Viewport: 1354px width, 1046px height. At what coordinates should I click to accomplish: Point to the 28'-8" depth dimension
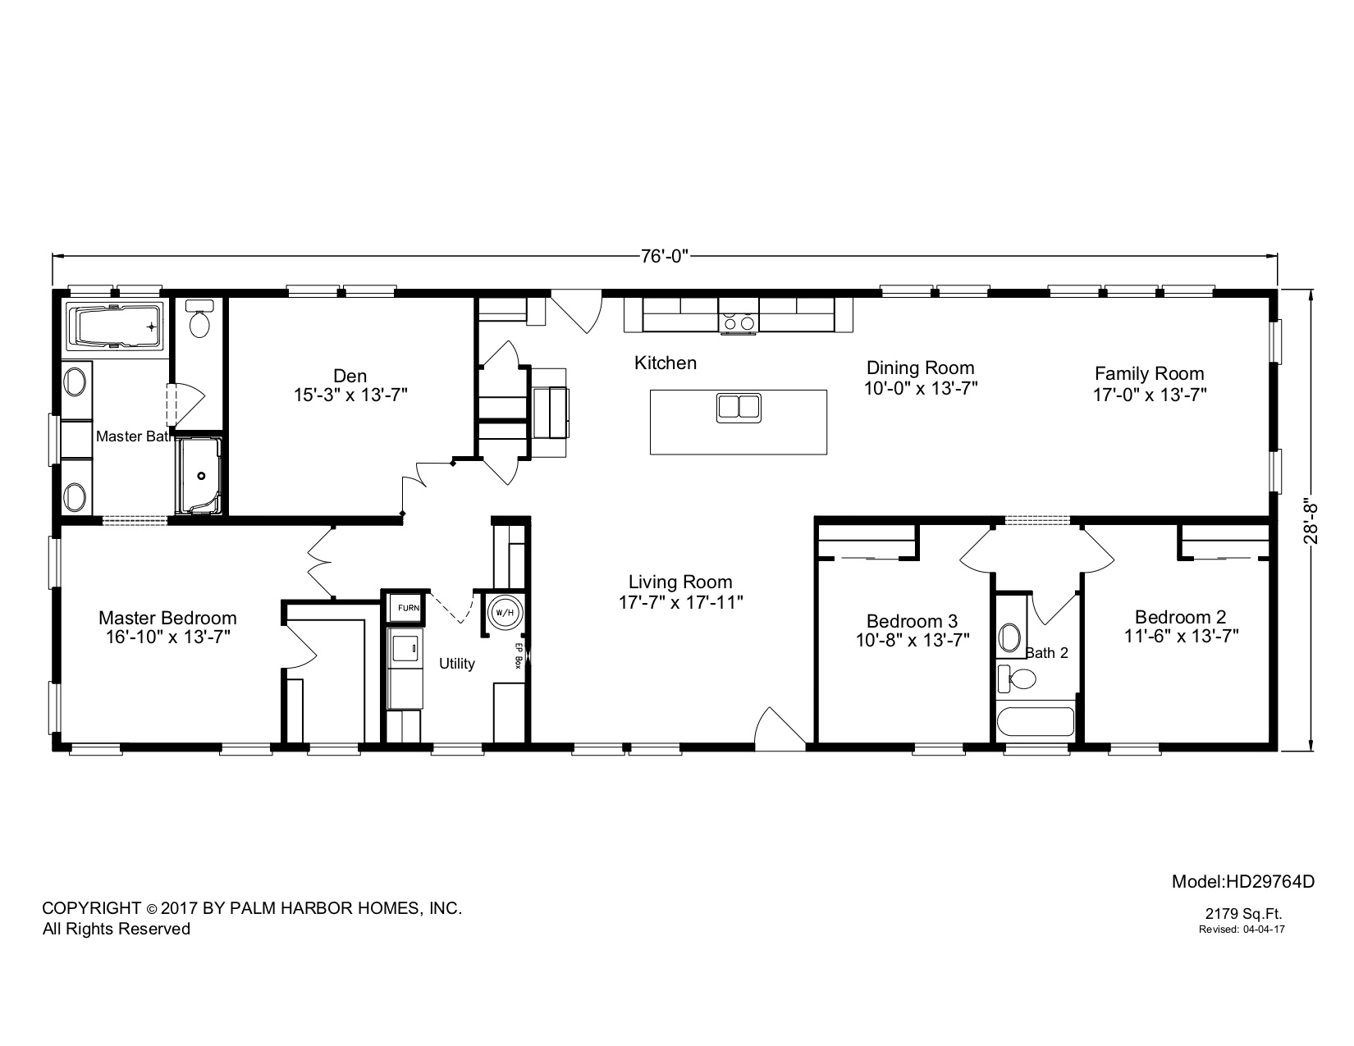(x=1313, y=518)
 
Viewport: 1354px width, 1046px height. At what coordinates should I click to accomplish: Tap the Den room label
(x=350, y=376)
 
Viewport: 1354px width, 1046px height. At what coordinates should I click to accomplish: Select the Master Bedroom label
(x=167, y=618)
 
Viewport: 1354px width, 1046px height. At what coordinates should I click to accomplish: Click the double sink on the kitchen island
(x=739, y=408)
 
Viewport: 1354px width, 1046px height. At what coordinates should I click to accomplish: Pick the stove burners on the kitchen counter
(x=738, y=322)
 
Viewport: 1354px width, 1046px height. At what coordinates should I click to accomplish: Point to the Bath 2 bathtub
(x=1034, y=722)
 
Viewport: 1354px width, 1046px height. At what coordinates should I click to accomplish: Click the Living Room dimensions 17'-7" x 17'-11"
(x=680, y=602)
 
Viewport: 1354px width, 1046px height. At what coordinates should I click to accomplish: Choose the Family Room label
(x=1149, y=373)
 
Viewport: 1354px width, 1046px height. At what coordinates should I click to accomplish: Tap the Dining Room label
(x=921, y=368)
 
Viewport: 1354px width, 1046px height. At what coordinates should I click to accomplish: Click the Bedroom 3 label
(x=912, y=621)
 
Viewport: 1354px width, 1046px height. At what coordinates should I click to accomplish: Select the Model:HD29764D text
(x=1242, y=882)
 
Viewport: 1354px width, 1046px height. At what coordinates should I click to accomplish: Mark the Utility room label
(x=456, y=663)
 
